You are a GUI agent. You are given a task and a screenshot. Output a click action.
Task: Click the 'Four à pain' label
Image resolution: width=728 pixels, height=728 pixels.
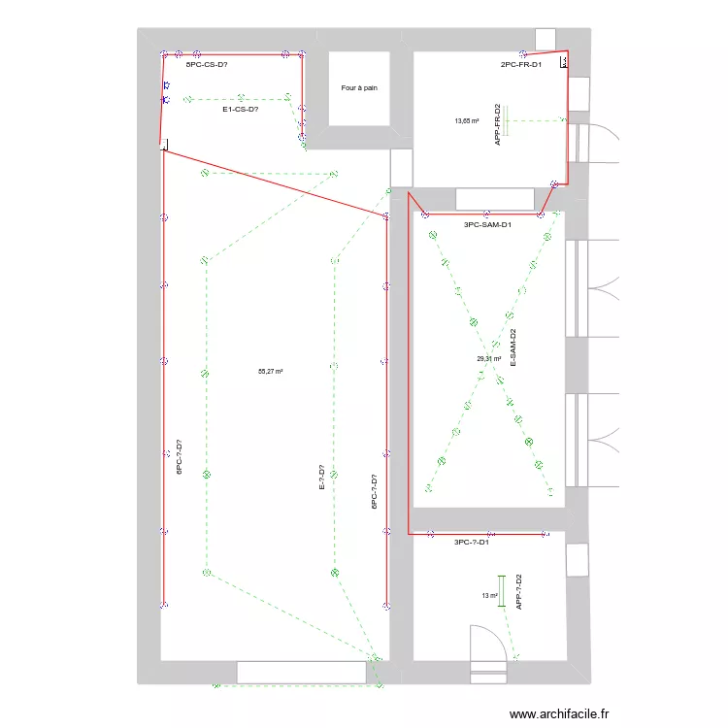(x=359, y=87)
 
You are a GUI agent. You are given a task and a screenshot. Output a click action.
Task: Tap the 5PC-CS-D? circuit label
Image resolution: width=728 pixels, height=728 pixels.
(x=207, y=65)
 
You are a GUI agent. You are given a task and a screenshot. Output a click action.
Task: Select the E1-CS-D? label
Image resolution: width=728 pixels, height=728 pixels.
(x=240, y=110)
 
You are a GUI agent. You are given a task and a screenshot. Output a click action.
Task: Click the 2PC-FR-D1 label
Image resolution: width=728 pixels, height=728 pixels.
(x=521, y=65)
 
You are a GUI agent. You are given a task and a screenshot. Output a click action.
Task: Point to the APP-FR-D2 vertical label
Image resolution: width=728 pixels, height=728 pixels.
(x=497, y=124)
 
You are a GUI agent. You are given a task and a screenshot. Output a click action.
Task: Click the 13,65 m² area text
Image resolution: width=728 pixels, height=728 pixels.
(x=467, y=121)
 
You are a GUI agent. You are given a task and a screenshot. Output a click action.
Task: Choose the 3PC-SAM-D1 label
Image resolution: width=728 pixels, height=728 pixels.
(x=488, y=224)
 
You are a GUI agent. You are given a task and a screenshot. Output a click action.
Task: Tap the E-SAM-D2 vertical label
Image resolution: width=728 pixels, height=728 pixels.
(x=513, y=347)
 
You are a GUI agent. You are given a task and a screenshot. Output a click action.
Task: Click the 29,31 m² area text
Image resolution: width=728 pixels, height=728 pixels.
(x=488, y=358)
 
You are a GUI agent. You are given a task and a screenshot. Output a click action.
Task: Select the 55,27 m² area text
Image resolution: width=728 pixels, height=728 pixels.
(x=270, y=371)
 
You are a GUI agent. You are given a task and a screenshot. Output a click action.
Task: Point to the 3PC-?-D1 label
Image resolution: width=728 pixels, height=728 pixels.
(x=472, y=543)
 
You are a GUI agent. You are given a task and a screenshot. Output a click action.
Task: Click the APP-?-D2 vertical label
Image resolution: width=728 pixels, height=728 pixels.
(x=519, y=591)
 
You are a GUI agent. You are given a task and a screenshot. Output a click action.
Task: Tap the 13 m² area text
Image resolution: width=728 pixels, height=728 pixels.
(x=489, y=596)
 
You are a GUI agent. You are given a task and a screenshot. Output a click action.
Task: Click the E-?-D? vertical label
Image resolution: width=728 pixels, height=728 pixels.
(x=321, y=479)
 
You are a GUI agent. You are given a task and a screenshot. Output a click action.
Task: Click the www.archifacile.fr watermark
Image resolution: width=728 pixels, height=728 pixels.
(x=560, y=712)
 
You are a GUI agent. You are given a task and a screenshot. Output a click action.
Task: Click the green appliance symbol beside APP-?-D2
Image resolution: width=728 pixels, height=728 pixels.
(x=502, y=591)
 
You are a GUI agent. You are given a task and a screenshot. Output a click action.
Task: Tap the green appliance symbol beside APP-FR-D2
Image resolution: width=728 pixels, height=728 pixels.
(x=505, y=121)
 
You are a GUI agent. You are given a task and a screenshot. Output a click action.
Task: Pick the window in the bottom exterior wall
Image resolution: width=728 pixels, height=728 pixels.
(x=301, y=671)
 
